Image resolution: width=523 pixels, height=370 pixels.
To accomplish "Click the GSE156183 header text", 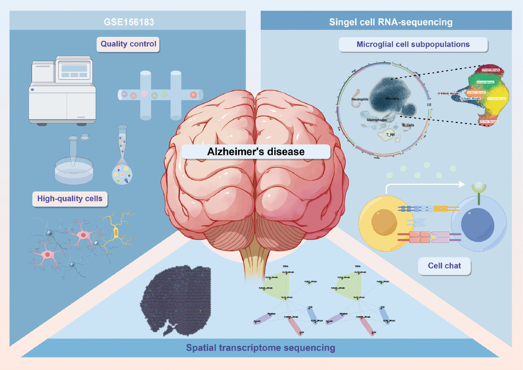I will coord(128,21).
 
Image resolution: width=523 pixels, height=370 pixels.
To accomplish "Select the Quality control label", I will coord(128,43).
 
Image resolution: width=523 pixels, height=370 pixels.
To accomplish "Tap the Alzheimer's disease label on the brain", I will coord(256,151).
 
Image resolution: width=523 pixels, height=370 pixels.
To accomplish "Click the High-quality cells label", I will coord(70,198).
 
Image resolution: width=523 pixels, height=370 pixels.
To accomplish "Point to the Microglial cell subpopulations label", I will coord(413,44).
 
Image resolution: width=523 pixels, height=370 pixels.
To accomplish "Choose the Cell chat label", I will coord(444,265).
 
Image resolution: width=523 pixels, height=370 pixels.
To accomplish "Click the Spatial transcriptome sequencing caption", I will coord(260,347).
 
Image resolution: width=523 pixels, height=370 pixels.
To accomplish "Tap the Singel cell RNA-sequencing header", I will coord(391,22).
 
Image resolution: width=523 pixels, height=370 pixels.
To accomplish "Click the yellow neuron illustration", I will coord(116,232).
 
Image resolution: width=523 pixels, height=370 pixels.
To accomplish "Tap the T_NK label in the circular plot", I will coord(385,134).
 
